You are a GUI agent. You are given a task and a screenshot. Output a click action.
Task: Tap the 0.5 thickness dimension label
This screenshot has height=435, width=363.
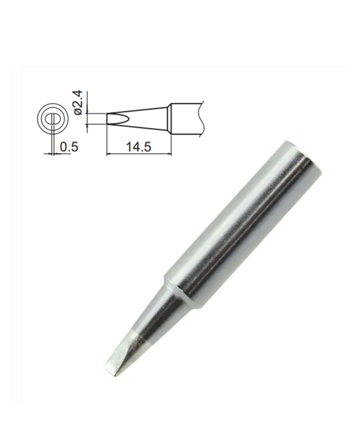pyautogui.click(x=69, y=147)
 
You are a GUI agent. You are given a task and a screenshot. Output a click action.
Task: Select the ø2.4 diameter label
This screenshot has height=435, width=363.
pyautogui.click(x=78, y=102)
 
